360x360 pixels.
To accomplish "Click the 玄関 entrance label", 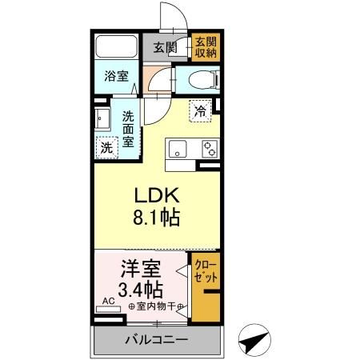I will point(166,47).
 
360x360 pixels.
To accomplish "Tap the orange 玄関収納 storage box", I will point(206,47).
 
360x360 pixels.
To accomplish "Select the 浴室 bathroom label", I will point(116,77).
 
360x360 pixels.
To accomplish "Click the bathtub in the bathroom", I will point(117,47).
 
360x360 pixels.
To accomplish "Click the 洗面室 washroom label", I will point(128,128).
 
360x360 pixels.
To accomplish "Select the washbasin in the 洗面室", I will point(103,120).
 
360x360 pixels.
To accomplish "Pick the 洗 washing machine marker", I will point(106,147).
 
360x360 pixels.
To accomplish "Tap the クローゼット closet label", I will point(205,272).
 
